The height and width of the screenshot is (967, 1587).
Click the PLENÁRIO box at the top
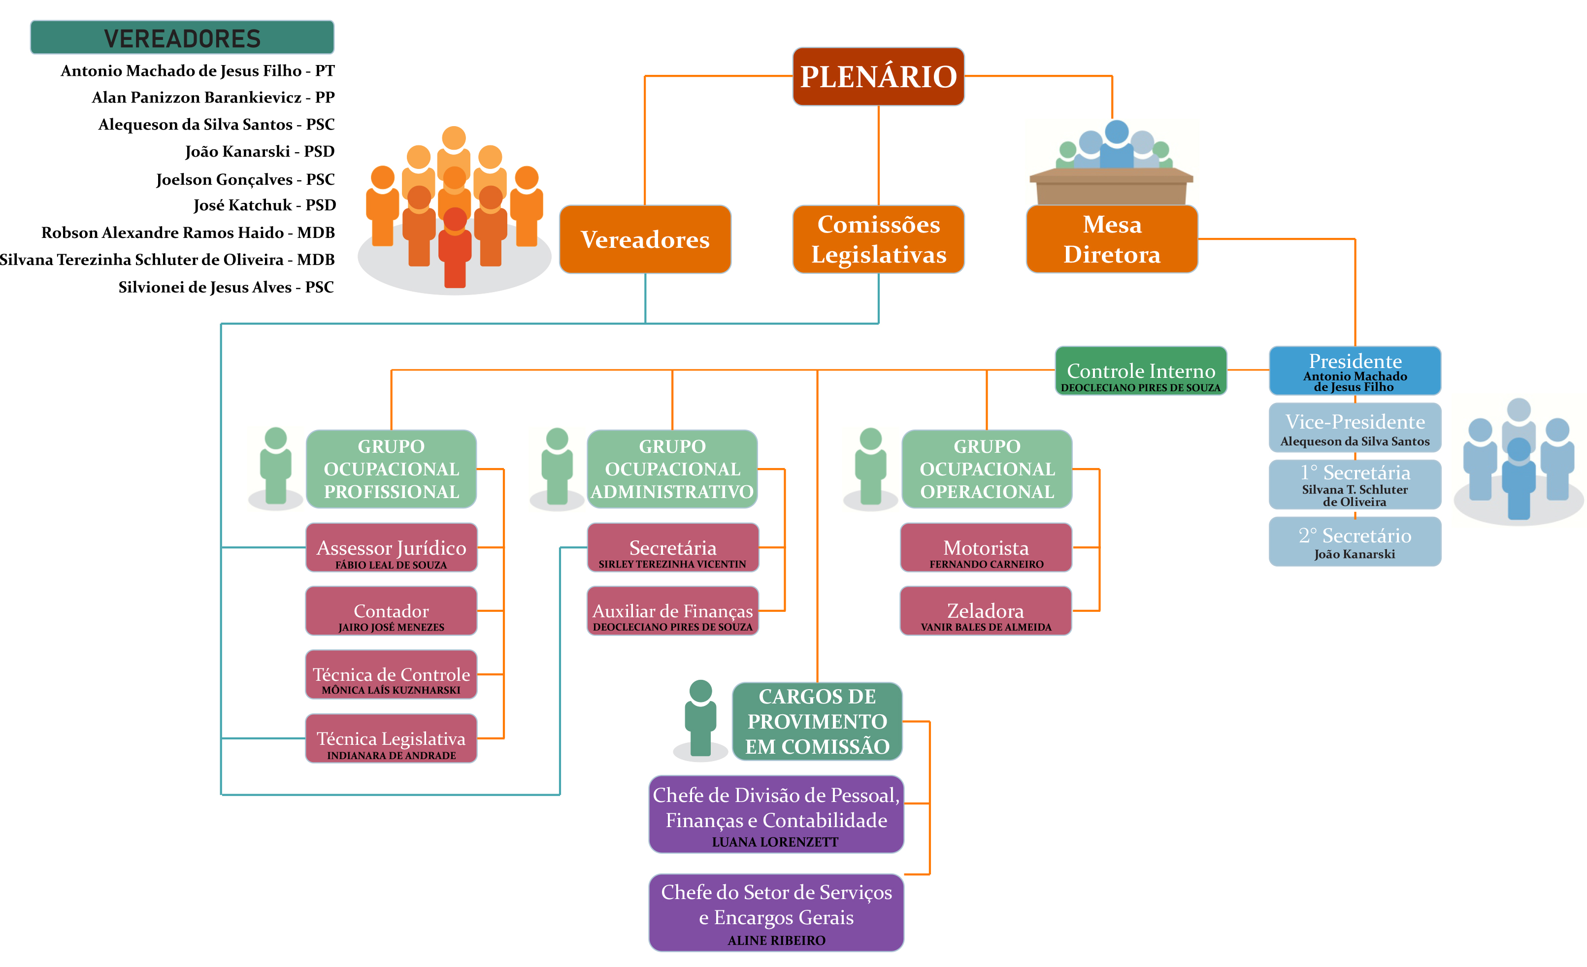click(878, 76)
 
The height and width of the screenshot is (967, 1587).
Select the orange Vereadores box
click(645, 239)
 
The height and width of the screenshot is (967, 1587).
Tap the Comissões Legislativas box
click(878, 239)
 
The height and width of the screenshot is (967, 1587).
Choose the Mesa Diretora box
click(1112, 239)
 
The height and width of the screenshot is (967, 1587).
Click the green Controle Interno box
click(1141, 370)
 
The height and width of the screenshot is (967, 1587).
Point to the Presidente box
click(1355, 370)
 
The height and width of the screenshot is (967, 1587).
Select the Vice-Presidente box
click(1355, 428)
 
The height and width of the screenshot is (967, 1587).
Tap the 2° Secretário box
click(1355, 542)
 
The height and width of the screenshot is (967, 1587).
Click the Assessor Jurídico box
click(391, 548)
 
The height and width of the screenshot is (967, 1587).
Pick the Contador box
click(391, 611)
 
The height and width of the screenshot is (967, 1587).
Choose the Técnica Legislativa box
click(391, 738)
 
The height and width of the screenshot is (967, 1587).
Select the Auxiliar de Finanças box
click(672, 611)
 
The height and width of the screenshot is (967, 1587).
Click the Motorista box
click(986, 548)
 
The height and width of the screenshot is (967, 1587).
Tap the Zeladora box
click(986, 611)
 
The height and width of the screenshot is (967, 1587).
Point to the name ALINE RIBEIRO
click(776, 940)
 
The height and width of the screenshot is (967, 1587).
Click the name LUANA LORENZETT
click(775, 841)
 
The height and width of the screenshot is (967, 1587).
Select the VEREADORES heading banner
click(182, 38)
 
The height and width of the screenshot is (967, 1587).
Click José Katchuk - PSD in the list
click(264, 205)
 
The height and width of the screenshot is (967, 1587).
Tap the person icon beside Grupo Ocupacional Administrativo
click(557, 467)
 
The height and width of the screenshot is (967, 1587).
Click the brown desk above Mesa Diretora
click(1112, 186)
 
